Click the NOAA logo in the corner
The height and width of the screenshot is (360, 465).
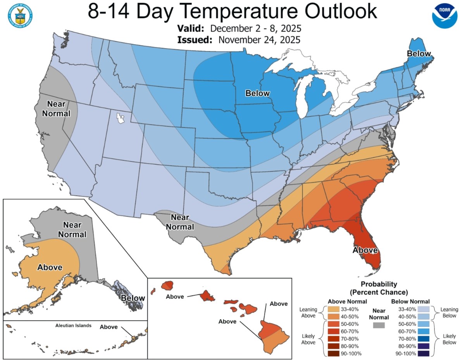(445, 15)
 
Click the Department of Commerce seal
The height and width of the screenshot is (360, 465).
(19, 14)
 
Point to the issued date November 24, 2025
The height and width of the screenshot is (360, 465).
(259, 40)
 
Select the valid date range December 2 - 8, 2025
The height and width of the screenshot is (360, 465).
(256, 29)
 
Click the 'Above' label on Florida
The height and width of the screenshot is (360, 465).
(365, 250)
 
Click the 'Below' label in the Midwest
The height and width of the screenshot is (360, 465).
(258, 93)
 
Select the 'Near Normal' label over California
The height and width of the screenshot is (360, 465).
(59, 109)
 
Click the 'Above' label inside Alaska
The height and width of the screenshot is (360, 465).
(50, 267)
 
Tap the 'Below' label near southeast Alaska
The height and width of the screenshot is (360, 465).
(133, 298)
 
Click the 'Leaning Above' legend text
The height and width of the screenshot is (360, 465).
(308, 313)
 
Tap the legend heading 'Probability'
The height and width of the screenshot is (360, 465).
(379, 284)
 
